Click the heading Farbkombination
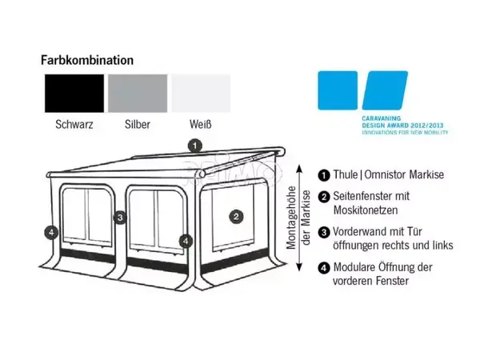click(87, 60)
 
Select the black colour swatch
click(74, 94)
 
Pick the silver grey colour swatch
click(138, 94)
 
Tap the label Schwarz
click(74, 125)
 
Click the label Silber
click(138, 125)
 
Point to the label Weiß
click(201, 125)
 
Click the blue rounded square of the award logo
click(338, 90)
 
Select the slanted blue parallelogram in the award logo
click(385, 90)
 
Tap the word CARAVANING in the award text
click(382, 118)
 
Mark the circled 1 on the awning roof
click(195, 146)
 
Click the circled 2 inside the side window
click(236, 217)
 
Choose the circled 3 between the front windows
click(120, 218)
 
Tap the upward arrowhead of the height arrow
click(299, 169)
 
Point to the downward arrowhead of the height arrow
click(299, 267)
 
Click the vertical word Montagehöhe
click(291, 218)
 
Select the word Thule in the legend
click(346, 174)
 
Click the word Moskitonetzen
click(366, 210)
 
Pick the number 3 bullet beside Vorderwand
click(324, 233)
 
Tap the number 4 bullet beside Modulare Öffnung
click(324, 268)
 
